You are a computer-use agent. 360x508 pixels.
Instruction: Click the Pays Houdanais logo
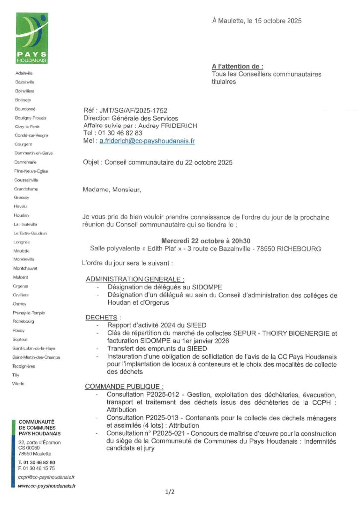click(x=31, y=39)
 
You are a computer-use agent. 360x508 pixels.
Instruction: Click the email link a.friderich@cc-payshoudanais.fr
click(x=146, y=141)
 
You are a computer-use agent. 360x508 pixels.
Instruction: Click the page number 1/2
click(x=170, y=492)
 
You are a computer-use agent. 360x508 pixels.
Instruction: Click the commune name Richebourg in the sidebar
click(x=24, y=321)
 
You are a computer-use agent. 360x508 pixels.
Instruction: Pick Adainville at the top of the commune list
click(x=24, y=73)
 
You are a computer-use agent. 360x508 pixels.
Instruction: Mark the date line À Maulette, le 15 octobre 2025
click(x=257, y=21)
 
